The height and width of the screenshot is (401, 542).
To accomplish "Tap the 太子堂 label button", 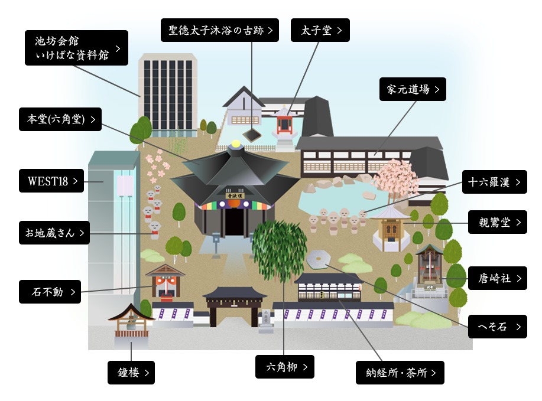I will pyautogui.click(x=320, y=30).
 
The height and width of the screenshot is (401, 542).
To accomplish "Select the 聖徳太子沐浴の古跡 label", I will pyautogui.click(x=220, y=30).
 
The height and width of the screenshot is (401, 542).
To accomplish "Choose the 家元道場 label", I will pyautogui.click(x=413, y=89).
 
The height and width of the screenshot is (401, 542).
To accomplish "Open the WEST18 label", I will pyautogui.click(x=53, y=181).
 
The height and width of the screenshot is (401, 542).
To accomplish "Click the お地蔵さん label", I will pyautogui.click(x=54, y=233).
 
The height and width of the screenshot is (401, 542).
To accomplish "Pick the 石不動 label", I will pyautogui.click(x=50, y=292).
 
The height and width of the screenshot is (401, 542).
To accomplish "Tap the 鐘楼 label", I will pyautogui.click(x=131, y=373).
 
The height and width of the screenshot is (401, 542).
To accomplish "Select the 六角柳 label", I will pyautogui.click(x=285, y=367).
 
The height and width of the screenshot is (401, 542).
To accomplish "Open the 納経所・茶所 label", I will pyautogui.click(x=400, y=373).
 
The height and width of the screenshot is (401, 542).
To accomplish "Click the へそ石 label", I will pyautogui.click(x=497, y=327).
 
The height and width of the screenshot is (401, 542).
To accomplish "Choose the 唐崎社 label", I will pyautogui.click(x=497, y=278).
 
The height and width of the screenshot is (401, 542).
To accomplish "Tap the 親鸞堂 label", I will pyautogui.click(x=497, y=223).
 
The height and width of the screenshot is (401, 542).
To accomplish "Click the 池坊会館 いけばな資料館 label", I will pyautogui.click(x=77, y=48).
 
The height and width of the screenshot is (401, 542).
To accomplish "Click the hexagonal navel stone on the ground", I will pyautogui.click(x=319, y=259).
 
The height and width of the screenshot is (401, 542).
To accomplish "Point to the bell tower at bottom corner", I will pyautogui.click(x=131, y=324).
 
